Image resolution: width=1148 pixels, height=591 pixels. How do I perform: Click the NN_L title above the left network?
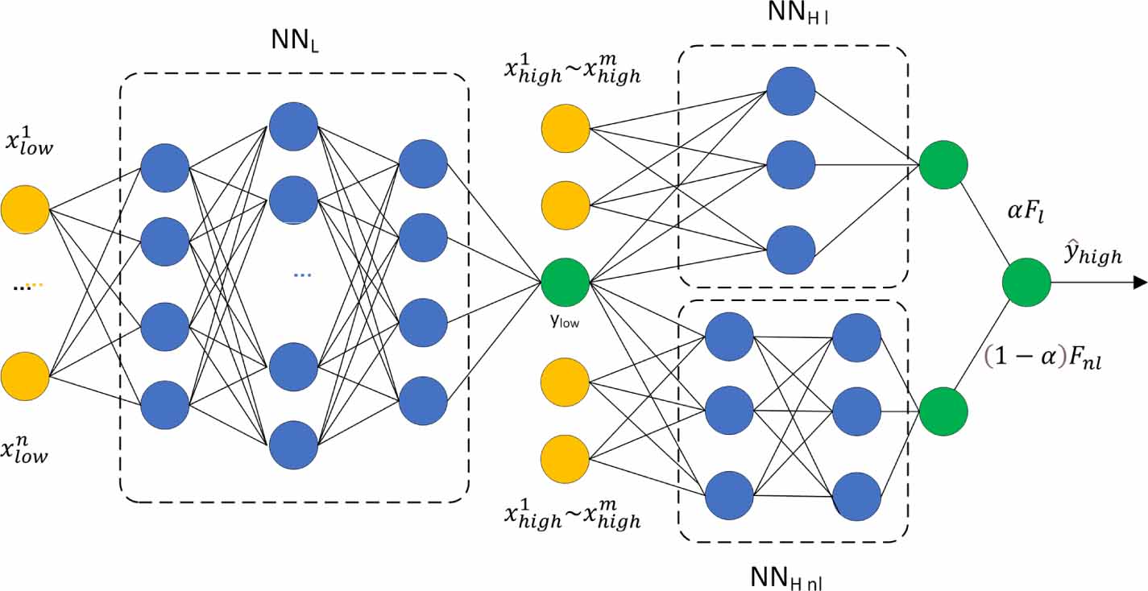pyautogui.click(x=295, y=40)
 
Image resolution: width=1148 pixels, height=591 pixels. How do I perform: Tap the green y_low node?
pyautogui.click(x=566, y=282)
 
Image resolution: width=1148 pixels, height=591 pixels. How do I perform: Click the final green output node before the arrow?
pyautogui.click(x=1026, y=282)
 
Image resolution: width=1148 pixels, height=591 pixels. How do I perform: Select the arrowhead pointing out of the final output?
pyautogui.click(x=1140, y=282)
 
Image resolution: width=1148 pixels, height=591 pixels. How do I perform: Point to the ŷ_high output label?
pyautogui.click(x=1093, y=253)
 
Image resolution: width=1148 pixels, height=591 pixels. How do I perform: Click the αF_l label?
pyautogui.click(x=1026, y=210)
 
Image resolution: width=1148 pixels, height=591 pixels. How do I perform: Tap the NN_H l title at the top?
pyautogui.click(x=798, y=12)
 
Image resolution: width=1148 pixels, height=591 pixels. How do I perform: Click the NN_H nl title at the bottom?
pyautogui.click(x=786, y=578)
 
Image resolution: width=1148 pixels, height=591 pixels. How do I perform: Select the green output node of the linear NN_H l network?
pyautogui.click(x=943, y=165)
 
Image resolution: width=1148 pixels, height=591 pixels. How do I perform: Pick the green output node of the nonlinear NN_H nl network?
pyautogui.click(x=943, y=411)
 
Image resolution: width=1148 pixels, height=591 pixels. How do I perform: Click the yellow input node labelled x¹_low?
pyautogui.click(x=25, y=209)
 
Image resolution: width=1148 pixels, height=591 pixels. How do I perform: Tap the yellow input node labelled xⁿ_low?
pyautogui.click(x=25, y=376)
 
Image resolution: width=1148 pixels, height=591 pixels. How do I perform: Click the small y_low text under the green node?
pyautogui.click(x=564, y=321)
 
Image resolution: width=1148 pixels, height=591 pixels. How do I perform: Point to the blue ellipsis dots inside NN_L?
pyautogui.click(x=302, y=275)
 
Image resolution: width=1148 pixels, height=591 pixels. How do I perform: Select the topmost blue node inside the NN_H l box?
pyautogui.click(x=791, y=91)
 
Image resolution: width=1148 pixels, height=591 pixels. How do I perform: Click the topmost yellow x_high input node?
pyautogui.click(x=566, y=129)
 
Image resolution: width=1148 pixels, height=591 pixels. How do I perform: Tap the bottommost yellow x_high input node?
pyautogui.click(x=565, y=459)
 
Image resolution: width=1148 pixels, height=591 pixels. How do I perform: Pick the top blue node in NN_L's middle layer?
pyautogui.click(x=294, y=126)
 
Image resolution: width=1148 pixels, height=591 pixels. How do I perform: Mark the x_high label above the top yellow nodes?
pyautogui.click(x=573, y=70)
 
